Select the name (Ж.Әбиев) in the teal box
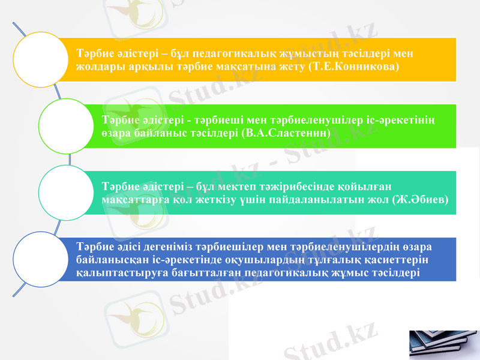420,199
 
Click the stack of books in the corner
444,344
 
